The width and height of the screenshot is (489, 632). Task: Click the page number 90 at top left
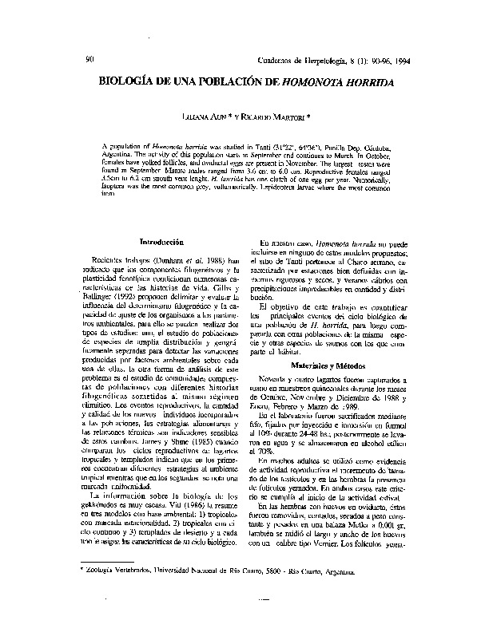coord(89,59)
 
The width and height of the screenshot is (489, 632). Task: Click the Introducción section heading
coord(161,241)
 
